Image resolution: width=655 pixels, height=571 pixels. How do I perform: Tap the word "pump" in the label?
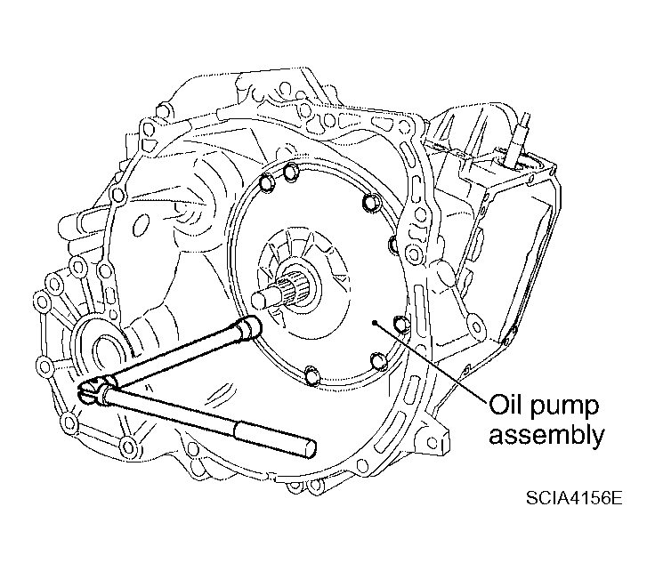pyautogui.click(x=564, y=408)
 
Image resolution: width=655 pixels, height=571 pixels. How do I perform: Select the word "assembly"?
pyautogui.click(x=546, y=436)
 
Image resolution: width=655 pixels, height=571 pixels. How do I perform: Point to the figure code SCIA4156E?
pyautogui.click(x=574, y=497)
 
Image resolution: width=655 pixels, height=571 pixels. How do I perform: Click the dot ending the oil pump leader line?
pyautogui.click(x=376, y=322)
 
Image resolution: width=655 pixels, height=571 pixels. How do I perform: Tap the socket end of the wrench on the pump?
pyautogui.click(x=250, y=326)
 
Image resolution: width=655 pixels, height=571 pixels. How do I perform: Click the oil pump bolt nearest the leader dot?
pyautogui.click(x=402, y=325)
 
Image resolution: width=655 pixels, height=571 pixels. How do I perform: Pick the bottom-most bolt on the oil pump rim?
pyautogui.click(x=312, y=375)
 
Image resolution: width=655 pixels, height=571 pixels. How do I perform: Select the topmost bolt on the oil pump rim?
pyautogui.click(x=291, y=172)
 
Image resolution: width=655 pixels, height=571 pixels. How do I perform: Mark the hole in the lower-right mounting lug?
pyautogui.click(x=433, y=442)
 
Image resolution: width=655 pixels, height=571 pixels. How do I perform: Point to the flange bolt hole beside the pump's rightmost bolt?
pyautogui.click(x=414, y=253)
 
